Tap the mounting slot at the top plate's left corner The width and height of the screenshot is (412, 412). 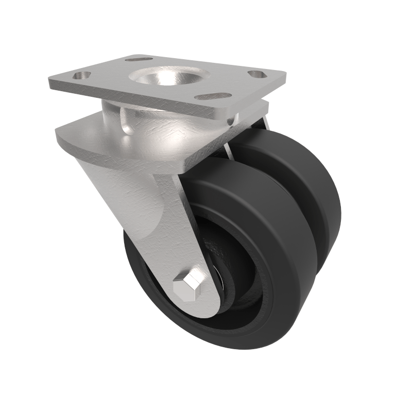pyautogui.click(x=80, y=76)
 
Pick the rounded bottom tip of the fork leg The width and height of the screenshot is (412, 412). pyautogui.click(x=206, y=312)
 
